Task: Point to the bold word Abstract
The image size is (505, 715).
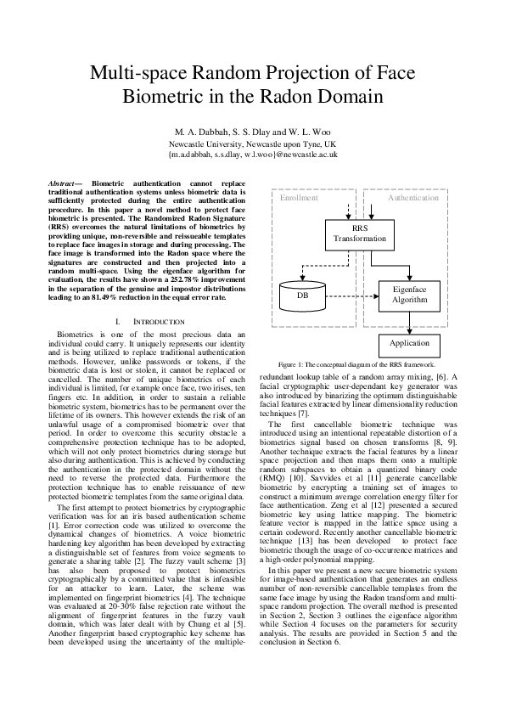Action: coord(60,183)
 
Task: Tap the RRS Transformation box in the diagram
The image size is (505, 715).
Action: coord(360,234)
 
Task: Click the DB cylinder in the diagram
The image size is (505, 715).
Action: coord(302,296)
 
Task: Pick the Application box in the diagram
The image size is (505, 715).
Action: coord(408,344)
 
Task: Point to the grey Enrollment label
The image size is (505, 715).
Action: coord(299,198)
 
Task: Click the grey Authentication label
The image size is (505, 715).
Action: coord(412,198)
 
